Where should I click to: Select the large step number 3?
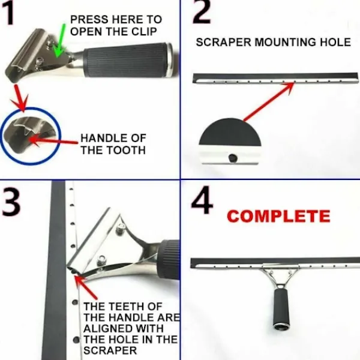tap(11, 201)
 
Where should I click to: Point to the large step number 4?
tap(202, 200)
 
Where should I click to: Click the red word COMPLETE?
tap(278, 216)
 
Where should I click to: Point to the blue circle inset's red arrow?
tap(53, 140)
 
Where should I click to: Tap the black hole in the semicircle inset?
tap(233, 158)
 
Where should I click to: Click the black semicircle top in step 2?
tap(230, 133)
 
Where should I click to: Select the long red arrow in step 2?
tap(269, 101)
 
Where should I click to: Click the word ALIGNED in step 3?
tap(124, 328)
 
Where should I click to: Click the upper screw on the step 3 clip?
tap(121, 229)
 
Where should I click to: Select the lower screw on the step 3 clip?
tap(101, 261)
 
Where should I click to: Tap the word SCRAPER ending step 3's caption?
tap(110, 350)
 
